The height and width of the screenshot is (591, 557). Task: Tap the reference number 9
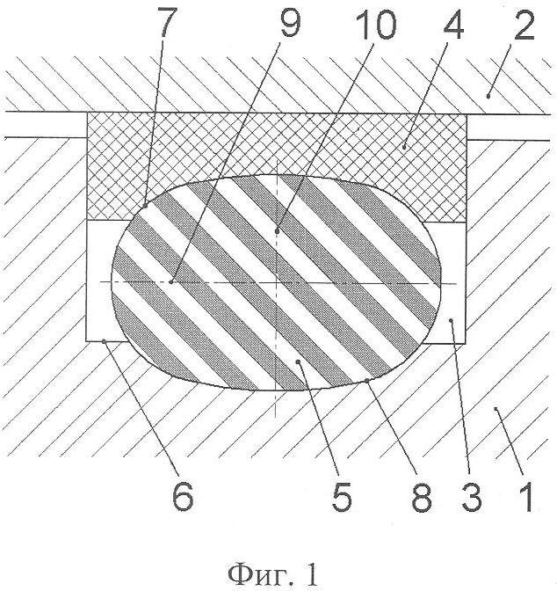(x=291, y=23)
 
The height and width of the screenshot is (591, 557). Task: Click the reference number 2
(x=524, y=25)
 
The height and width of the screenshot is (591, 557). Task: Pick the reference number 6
(x=183, y=496)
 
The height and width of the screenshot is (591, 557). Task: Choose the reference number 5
(x=342, y=496)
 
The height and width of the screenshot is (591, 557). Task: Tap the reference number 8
(x=421, y=497)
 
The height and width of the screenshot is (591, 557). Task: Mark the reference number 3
(x=472, y=497)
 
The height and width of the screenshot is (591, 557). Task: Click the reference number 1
(x=525, y=498)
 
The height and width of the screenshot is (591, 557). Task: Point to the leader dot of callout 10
(x=277, y=230)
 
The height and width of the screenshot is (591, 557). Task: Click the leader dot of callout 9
(x=171, y=281)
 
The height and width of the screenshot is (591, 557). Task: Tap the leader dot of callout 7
(x=145, y=206)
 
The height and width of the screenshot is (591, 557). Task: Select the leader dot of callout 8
(x=367, y=381)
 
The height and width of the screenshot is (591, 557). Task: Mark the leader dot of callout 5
(x=298, y=361)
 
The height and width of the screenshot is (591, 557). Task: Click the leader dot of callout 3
(x=452, y=319)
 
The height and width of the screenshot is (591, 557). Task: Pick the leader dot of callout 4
(x=404, y=148)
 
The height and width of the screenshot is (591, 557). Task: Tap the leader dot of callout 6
(x=104, y=341)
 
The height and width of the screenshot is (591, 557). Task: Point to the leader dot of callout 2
(x=488, y=97)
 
